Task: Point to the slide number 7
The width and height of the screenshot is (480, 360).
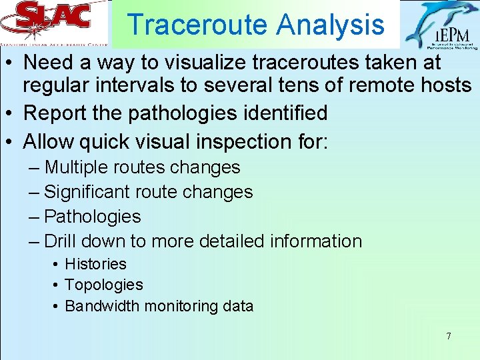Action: click(x=448, y=336)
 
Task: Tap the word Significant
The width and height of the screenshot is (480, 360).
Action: click(x=88, y=192)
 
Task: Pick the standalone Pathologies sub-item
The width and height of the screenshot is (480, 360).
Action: click(x=92, y=217)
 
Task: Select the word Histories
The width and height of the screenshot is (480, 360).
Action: click(x=95, y=264)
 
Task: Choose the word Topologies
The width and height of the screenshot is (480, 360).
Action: click(x=103, y=285)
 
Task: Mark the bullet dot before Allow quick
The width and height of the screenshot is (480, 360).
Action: click(x=11, y=142)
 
